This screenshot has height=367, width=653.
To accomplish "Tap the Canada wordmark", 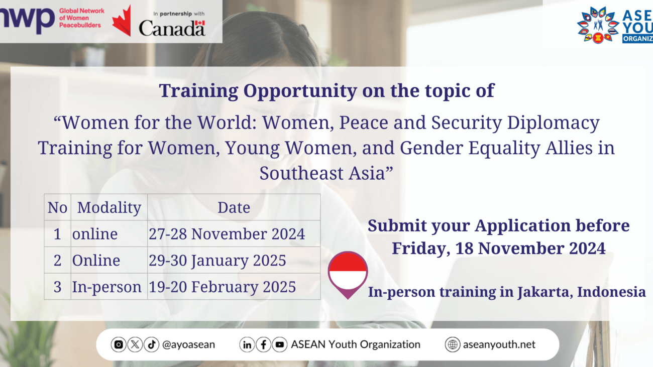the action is click(x=172, y=29).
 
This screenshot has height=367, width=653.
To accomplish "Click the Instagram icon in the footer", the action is click(x=119, y=344).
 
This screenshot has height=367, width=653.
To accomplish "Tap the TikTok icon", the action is click(x=151, y=344).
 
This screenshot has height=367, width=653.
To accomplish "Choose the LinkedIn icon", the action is click(x=247, y=344).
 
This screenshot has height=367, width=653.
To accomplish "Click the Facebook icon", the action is click(x=263, y=344).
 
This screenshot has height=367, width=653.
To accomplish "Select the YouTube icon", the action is click(x=280, y=344).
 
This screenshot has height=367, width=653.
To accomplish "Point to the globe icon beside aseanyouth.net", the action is click(x=453, y=344).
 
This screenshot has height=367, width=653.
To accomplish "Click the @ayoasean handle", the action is click(x=188, y=344).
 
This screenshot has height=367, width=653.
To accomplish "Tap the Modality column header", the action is click(x=109, y=208).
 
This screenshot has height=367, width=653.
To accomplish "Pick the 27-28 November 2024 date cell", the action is click(x=227, y=234).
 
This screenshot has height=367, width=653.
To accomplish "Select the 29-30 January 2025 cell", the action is click(x=217, y=261).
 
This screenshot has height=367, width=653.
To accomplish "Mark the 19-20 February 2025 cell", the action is click(x=222, y=287).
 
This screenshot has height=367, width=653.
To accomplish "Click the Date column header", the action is click(x=234, y=208).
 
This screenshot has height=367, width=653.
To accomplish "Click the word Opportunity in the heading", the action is click(x=300, y=91).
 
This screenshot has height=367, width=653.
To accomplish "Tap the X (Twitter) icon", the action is click(x=135, y=344).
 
